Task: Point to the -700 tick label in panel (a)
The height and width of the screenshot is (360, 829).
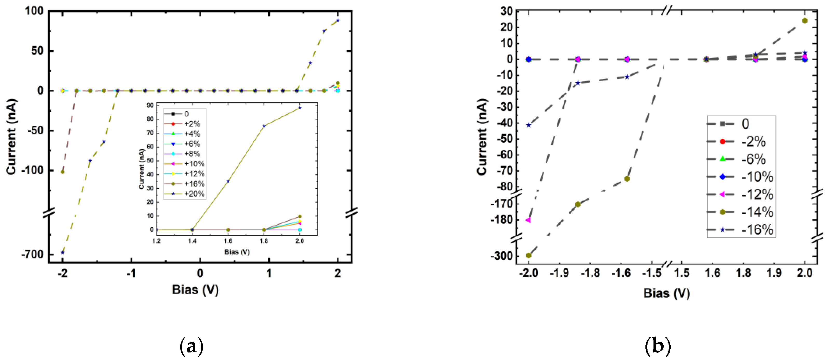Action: tap(32, 254)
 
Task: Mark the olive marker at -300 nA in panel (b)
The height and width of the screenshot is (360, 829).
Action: tap(528, 255)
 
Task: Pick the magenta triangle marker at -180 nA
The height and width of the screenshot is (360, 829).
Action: tap(528, 220)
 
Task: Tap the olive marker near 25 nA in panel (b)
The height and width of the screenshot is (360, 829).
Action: tap(805, 21)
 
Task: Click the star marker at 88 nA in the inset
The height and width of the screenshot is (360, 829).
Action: tap(300, 108)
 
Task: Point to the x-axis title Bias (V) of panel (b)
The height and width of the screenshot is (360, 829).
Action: tap(666, 293)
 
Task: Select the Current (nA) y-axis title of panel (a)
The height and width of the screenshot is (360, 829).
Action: tap(11, 137)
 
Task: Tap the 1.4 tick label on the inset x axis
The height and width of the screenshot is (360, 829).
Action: tap(192, 241)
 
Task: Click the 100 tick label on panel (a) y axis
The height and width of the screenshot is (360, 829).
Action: tap(34, 11)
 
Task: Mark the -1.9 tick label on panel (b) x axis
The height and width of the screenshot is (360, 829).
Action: tap(559, 273)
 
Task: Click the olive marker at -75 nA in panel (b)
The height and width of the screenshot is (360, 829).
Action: tap(627, 179)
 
